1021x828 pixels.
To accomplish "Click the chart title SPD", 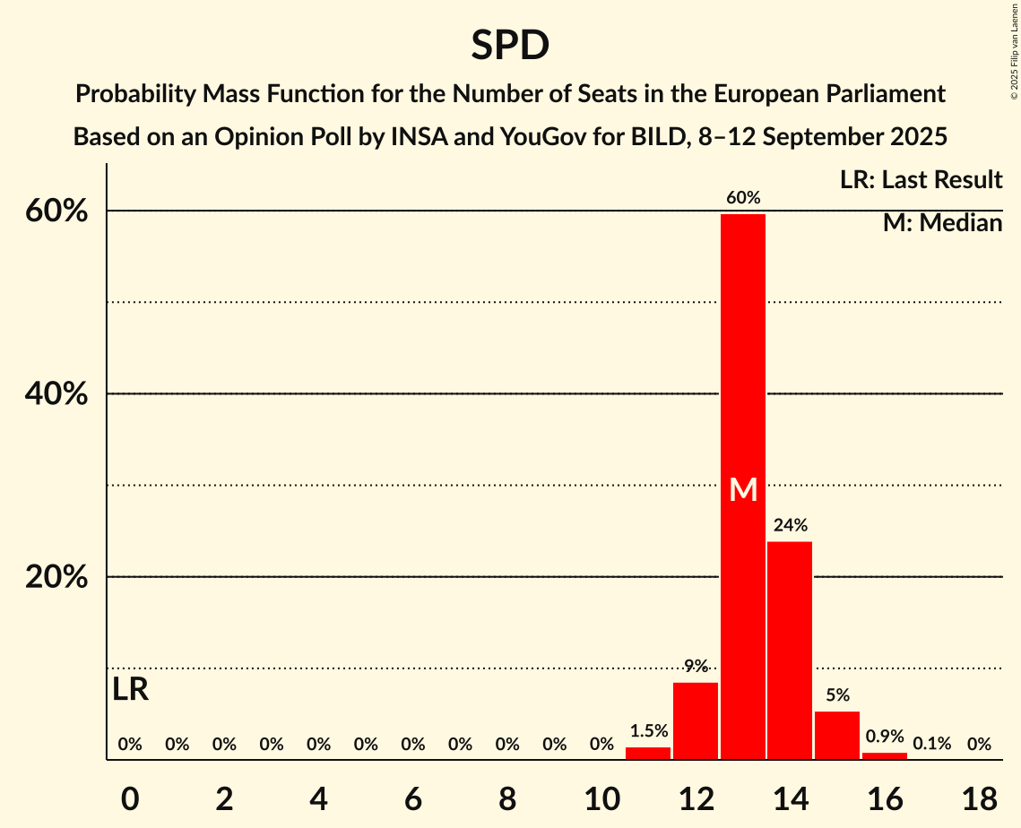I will coord(510,45).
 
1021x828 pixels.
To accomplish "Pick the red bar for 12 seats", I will coord(696,720).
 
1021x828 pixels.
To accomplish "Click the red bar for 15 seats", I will coord(837,735).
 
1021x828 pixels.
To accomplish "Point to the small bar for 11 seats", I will coord(648,753).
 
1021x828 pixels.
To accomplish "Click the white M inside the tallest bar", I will coord(743,489).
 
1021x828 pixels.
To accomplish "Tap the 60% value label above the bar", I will coord(743,198).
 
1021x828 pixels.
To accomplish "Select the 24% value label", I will coord(791,525).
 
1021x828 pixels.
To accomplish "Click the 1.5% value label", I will coord(648,731).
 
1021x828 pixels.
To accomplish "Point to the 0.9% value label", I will coord(885,737).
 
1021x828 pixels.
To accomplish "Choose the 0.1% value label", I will coord(931,744).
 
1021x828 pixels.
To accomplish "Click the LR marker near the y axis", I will coord(130,690).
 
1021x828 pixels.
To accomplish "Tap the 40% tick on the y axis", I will coord(56,394).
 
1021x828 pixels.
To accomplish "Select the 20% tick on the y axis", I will coord(56,577).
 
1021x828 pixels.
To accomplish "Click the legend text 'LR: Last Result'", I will coord(921,180).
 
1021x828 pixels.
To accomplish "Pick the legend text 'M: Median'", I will coord(942,223).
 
